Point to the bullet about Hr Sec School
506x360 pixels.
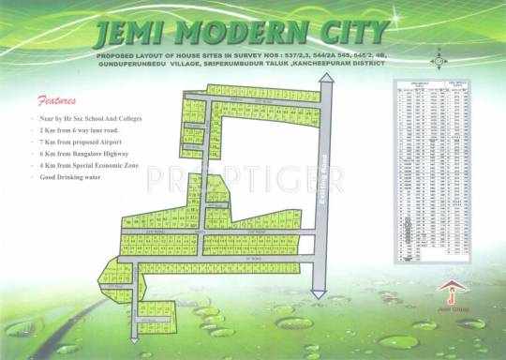pos(84,120)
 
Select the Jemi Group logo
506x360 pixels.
pos(452,292)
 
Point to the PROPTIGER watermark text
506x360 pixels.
pos(253,176)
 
